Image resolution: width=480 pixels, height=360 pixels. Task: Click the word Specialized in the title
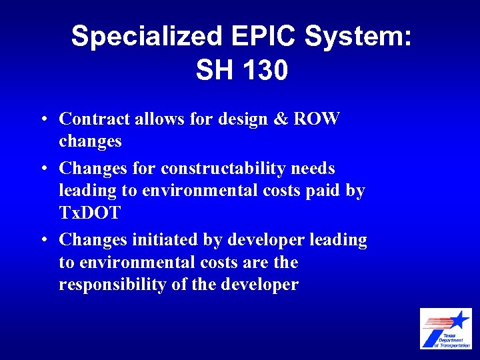(145, 37)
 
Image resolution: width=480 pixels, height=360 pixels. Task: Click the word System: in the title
(359, 37)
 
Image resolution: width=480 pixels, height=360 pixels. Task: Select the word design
(245, 119)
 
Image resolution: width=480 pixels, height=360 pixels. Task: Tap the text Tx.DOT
(89, 213)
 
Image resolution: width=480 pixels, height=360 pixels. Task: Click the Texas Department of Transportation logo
(445, 328)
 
